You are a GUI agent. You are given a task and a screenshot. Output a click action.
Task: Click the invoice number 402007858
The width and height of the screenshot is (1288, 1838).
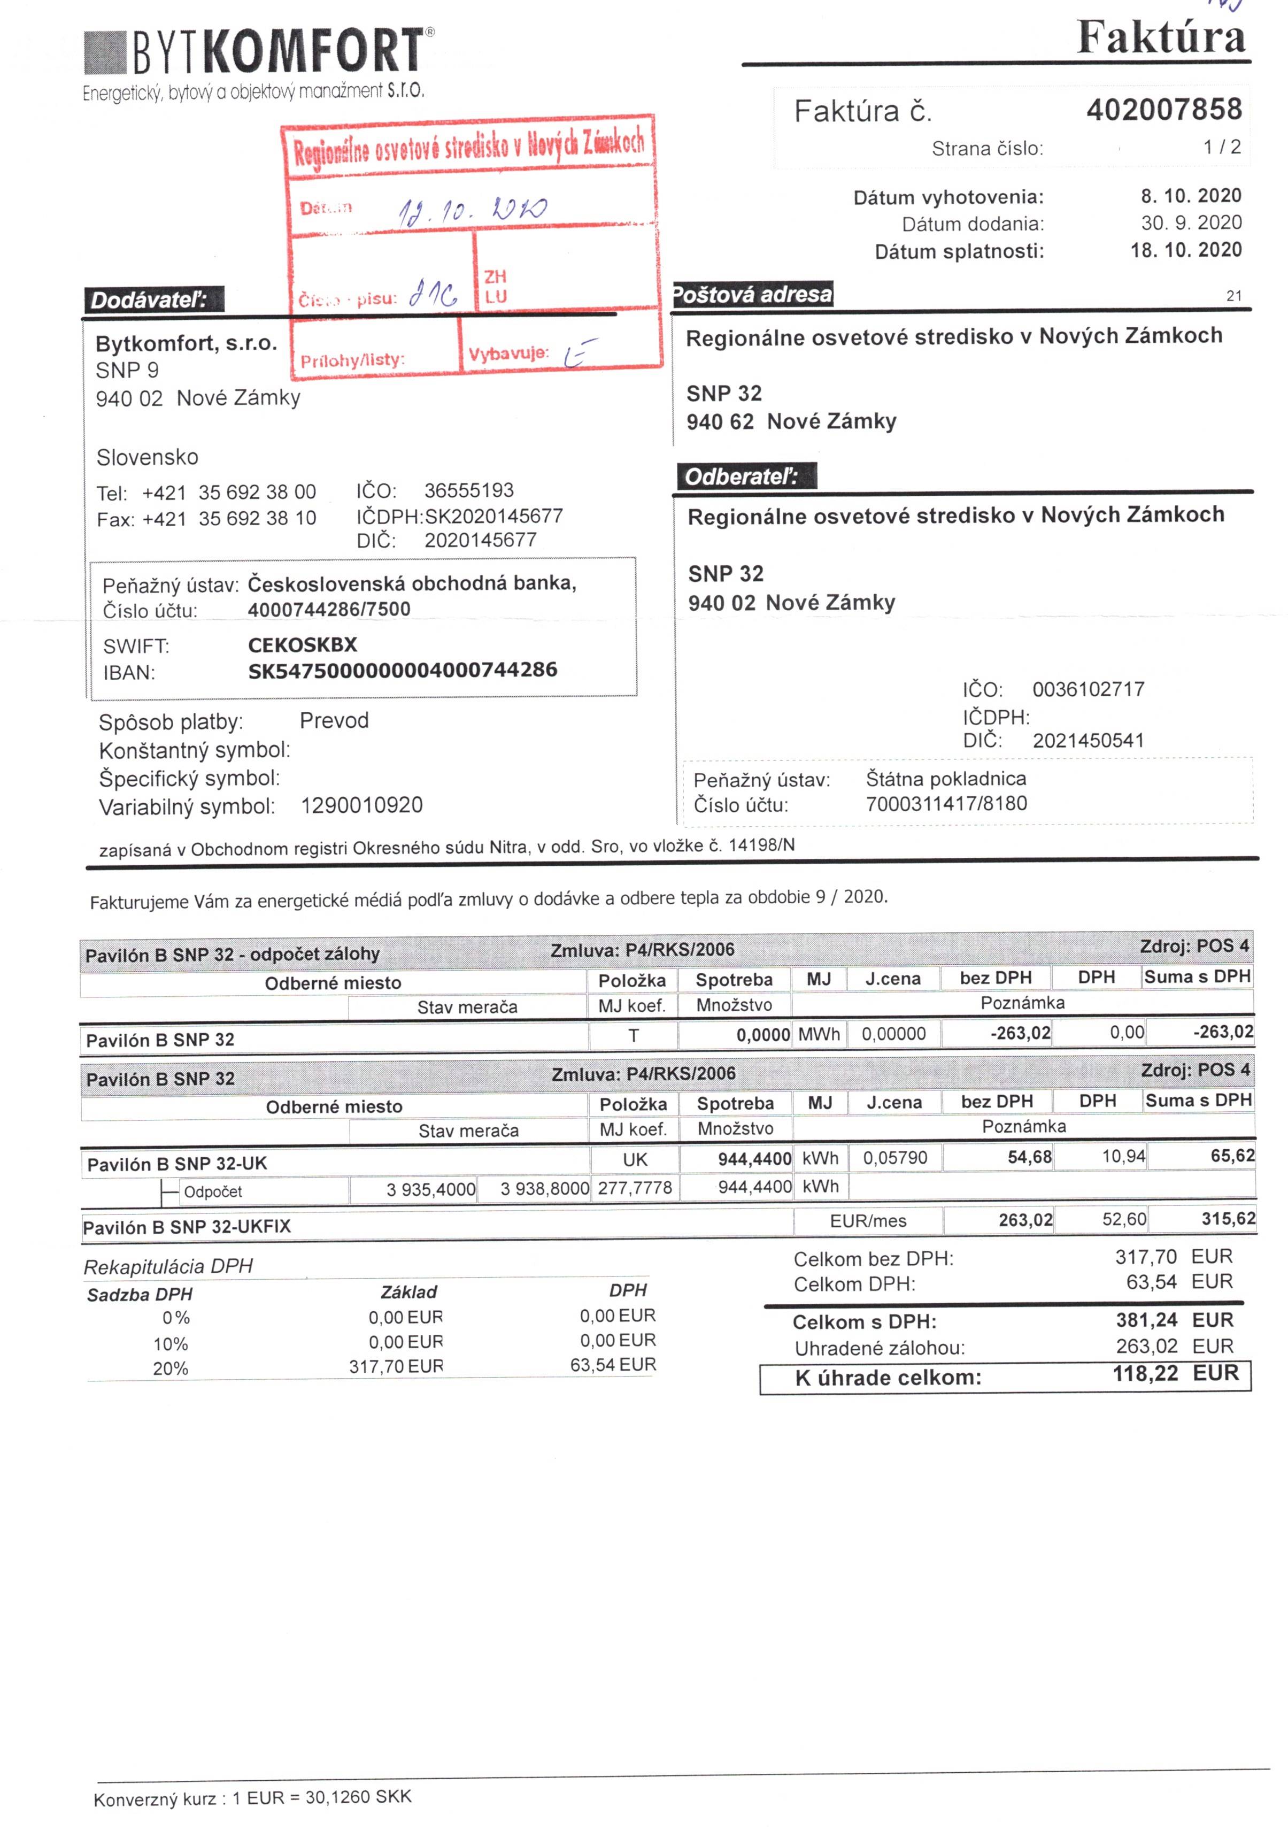1163,110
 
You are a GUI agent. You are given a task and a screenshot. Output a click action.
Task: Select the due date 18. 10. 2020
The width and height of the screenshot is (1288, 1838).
1185,250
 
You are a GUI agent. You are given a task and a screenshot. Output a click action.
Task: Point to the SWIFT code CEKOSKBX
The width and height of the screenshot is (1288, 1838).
303,645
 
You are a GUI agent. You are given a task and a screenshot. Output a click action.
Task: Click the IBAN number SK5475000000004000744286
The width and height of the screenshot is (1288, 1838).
403,671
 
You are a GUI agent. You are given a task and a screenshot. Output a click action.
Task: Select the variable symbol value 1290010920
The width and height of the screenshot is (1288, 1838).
362,805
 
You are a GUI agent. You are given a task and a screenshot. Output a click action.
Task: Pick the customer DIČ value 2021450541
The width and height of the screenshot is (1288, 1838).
1088,741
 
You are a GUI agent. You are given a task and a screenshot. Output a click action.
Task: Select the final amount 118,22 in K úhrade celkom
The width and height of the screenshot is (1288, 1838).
1145,1374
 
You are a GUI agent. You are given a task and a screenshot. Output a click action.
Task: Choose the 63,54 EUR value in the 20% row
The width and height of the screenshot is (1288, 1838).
612,1365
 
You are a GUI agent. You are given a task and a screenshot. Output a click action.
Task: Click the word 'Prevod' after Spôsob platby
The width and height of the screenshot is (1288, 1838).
334,720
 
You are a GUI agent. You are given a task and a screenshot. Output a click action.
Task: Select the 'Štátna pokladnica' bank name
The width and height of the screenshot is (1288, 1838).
945,778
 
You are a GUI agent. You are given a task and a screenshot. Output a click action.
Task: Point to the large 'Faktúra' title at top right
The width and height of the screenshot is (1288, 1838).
1161,37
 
